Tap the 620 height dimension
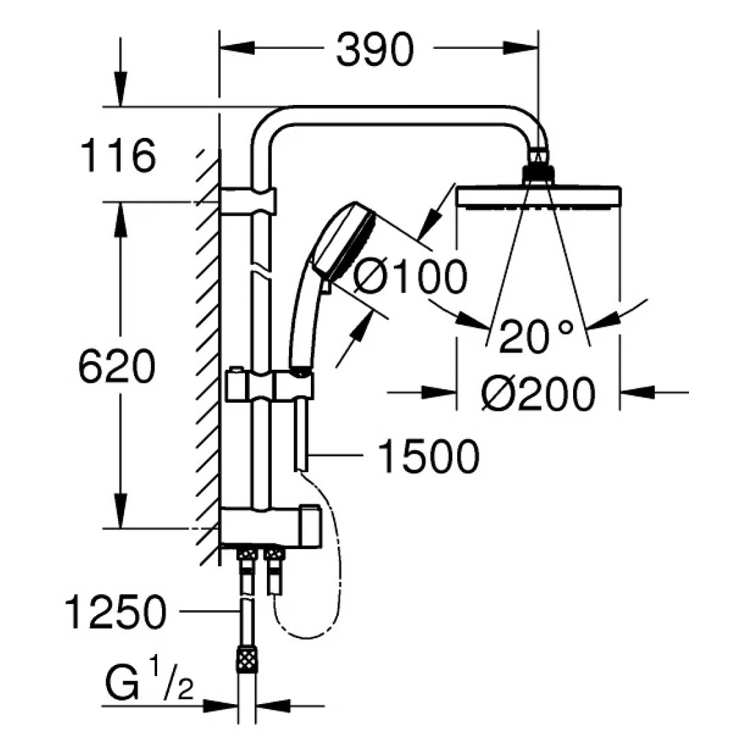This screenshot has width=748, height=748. point(117,367)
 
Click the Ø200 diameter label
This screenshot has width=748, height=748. point(537,395)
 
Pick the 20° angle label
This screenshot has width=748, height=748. point(536,336)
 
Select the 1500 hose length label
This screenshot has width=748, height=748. point(429,456)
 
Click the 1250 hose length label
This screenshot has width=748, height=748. point(116,612)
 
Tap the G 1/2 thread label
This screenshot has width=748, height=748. point(148,683)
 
